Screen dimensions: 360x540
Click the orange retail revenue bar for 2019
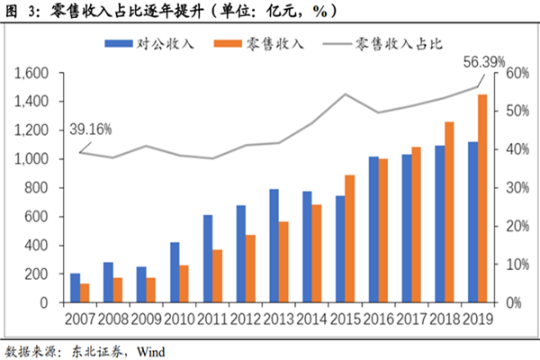[483, 198]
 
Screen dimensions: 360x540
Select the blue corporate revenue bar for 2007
[75, 287]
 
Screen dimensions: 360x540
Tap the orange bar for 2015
[349, 238]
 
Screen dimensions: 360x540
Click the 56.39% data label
[484, 61]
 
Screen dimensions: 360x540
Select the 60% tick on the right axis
[513, 73]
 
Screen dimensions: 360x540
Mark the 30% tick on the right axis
[513, 188]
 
